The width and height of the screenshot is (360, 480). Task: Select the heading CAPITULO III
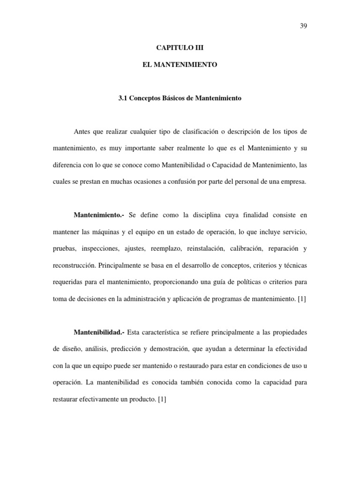(180, 48)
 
